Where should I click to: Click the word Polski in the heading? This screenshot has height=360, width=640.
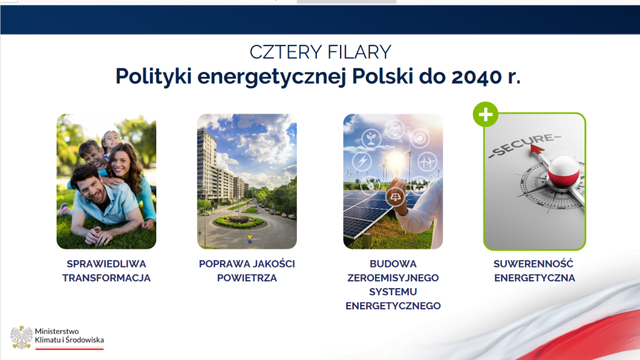tap(382, 76)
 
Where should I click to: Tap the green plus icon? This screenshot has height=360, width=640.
tap(486, 114)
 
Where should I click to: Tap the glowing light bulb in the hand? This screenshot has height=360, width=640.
tap(395, 162)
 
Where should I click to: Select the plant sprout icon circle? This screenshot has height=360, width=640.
tap(371, 138)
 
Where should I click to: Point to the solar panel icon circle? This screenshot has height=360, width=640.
tap(395, 197)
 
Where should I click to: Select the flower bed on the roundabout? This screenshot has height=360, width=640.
tap(239, 222)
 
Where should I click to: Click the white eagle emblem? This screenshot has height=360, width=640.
tap(21, 337)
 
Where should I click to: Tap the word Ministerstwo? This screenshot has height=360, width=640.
tap(57, 331)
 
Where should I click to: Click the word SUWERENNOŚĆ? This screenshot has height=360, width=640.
tap(534, 264)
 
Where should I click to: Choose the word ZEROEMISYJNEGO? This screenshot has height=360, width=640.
tap(393, 278)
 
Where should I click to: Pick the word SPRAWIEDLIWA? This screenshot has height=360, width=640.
tap(106, 264)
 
